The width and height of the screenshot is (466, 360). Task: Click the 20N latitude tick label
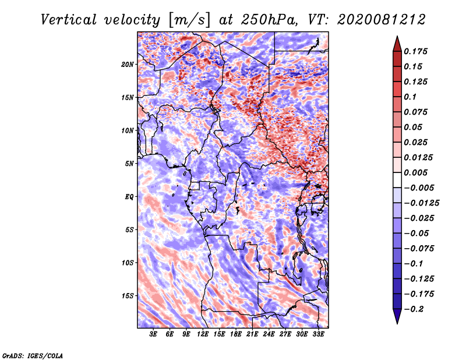tap(128, 65)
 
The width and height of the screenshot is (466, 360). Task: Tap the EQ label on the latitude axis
tap(129, 197)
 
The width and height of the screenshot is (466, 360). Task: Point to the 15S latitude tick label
tap(128, 296)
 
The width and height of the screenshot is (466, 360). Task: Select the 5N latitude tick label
tap(129, 164)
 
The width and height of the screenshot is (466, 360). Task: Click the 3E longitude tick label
tap(153, 334)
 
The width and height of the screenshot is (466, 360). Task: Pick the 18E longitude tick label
tap(236, 334)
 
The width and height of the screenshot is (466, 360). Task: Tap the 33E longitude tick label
tap(318, 334)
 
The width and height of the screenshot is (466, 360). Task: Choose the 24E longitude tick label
tap(269, 334)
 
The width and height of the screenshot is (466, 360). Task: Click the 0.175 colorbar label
tap(415, 51)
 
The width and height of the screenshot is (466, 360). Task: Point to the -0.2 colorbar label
tap(414, 309)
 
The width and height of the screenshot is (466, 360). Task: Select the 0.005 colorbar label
tap(415, 172)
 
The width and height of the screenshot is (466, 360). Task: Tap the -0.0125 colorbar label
tap(421, 203)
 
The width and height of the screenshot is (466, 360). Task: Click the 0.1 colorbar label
tap(410, 97)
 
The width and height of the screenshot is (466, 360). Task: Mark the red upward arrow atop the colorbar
tap(397, 44)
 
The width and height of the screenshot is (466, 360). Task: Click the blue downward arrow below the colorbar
tap(397, 316)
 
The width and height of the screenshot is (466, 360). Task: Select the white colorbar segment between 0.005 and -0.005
tap(397, 180)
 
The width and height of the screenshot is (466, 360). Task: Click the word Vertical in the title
tap(69, 20)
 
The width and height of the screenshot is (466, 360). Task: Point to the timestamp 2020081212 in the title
tap(382, 20)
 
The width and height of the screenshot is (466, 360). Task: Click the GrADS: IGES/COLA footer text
tap(33, 355)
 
